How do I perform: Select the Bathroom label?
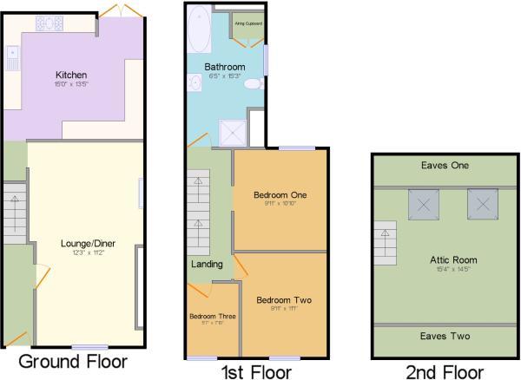(224, 67)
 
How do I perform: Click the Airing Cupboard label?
(248, 23)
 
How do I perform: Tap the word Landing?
(207, 264)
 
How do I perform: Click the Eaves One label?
(445, 166)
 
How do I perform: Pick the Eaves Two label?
(445, 337)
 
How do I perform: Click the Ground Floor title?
(72, 361)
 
